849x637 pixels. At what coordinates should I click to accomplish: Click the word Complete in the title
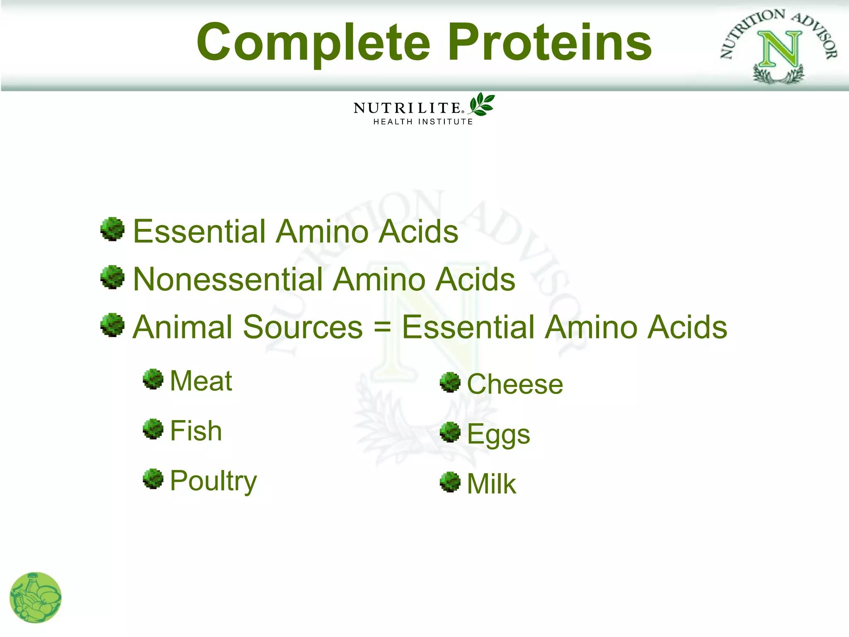tap(314, 43)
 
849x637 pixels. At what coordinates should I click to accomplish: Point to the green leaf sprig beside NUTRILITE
tap(481, 104)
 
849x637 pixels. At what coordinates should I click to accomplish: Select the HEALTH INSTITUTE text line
tap(423, 122)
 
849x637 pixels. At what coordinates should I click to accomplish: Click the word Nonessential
tap(228, 279)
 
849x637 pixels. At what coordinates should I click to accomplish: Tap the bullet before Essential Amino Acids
tap(112, 229)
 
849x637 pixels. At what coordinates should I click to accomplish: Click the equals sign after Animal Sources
tap(382, 327)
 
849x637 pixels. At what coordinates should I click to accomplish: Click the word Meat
tap(201, 381)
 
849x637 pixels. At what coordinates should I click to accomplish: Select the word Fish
tap(196, 430)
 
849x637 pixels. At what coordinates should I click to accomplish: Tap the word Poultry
tap(213, 481)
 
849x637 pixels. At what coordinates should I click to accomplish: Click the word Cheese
tap(515, 384)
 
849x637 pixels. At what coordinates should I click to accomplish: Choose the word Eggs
tap(498, 435)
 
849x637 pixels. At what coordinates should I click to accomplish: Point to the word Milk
tap(491, 484)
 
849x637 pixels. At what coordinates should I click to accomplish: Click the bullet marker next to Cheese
tap(450, 382)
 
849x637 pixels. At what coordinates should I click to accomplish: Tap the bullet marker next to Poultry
tap(153, 479)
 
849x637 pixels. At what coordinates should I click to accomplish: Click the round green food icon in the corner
tap(36, 598)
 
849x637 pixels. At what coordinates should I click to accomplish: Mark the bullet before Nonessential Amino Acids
tap(112, 277)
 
